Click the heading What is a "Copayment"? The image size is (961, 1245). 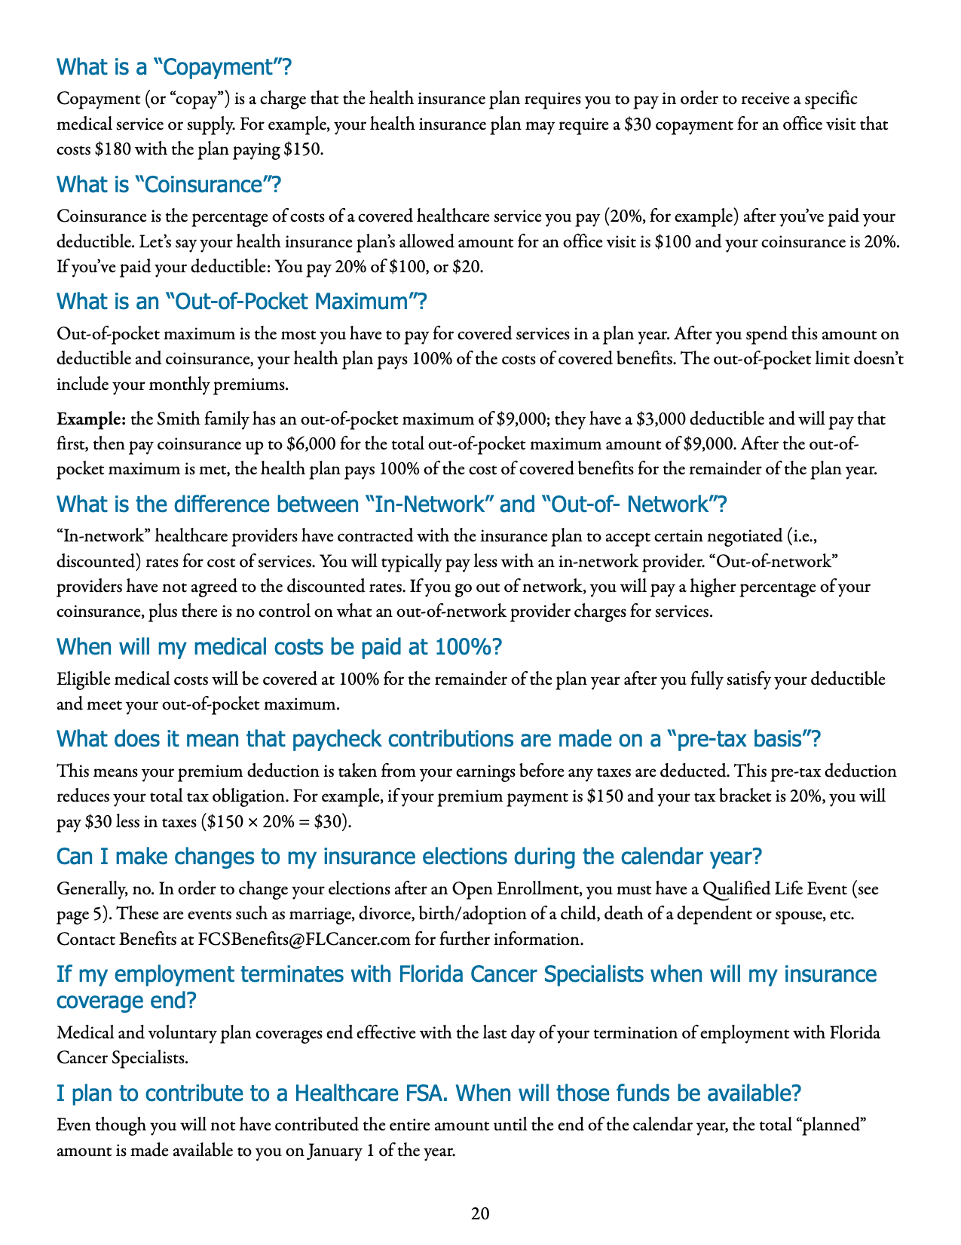pos(174,68)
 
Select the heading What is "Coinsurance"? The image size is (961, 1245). pos(170,185)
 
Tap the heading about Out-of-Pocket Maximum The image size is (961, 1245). pos(242,302)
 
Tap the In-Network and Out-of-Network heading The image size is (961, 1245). pos(392,504)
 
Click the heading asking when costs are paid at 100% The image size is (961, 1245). pos(280,647)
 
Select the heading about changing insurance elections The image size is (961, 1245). pos(409,857)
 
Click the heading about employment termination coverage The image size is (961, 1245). pos(467,987)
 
